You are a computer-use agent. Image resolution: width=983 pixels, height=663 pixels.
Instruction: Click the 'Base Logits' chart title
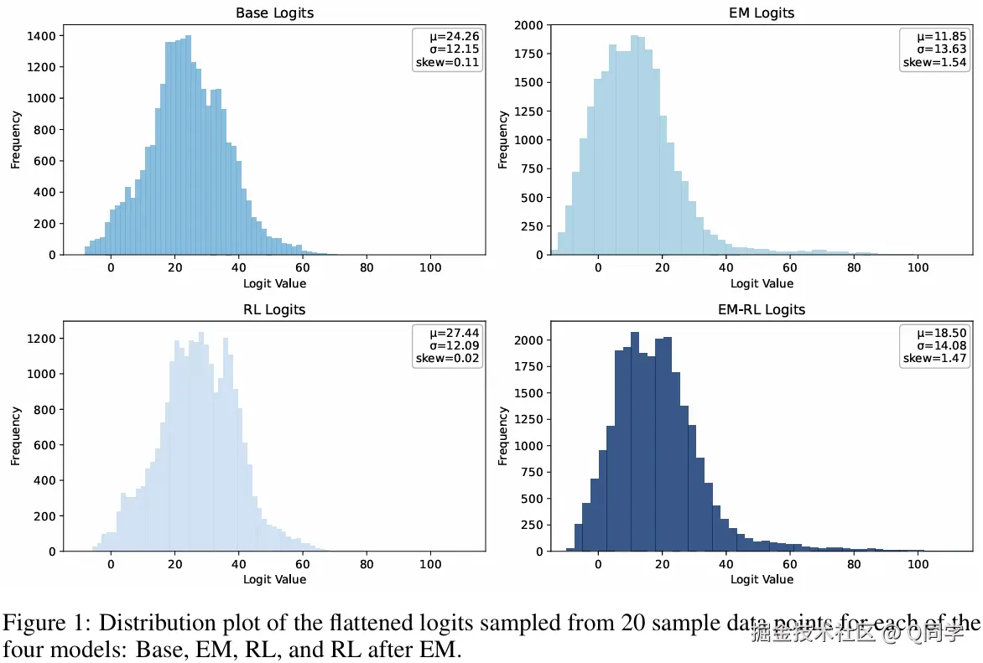274,13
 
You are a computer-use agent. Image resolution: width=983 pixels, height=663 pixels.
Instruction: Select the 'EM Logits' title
762,13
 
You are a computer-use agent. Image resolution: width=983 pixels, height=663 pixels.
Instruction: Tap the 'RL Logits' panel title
274,309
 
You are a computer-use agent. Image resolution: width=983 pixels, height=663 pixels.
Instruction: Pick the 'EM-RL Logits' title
762,309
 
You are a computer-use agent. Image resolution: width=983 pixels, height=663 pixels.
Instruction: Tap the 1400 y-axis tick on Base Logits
41,36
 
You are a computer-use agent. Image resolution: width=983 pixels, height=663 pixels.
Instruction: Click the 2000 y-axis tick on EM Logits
528,25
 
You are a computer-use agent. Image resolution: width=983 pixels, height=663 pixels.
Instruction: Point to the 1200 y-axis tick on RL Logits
41,339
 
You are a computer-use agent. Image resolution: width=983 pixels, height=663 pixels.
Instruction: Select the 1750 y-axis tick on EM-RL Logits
528,366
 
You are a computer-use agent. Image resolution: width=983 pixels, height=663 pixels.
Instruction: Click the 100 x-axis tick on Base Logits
431,267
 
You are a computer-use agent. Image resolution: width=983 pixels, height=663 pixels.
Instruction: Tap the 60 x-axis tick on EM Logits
790,267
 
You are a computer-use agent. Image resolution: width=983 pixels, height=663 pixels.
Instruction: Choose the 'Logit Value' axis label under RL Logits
274,579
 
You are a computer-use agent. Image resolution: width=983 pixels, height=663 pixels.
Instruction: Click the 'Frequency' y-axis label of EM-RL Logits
503,436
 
